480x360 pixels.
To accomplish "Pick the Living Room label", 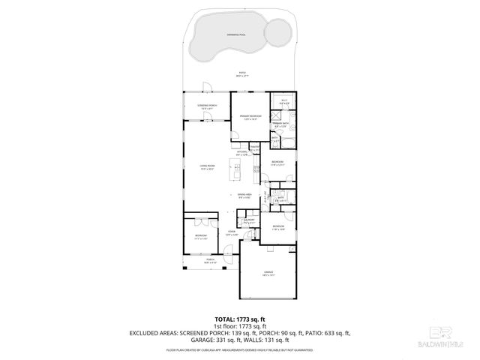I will pos(207,167).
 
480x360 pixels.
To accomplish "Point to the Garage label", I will pos(268,272).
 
